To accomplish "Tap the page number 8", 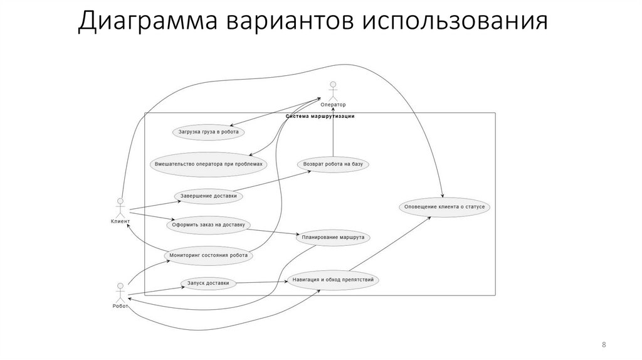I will click(x=603, y=344).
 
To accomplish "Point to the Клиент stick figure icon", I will click(x=120, y=208).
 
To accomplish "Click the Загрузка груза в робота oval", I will click(x=208, y=132).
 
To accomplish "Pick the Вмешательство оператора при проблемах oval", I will click(x=209, y=164).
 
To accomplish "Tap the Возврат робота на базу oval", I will click(x=333, y=164).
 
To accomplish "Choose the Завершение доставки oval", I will click(x=209, y=196).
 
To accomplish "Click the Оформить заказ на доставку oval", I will click(x=209, y=224).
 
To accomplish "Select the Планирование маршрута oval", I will click(x=333, y=238).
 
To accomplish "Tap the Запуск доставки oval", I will click(x=208, y=283).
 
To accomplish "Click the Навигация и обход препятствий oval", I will click(x=333, y=280).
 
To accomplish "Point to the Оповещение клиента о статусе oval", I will click(x=445, y=206).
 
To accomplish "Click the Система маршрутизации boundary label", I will click(x=320, y=116).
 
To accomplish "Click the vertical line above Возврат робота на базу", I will click(x=333, y=135).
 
